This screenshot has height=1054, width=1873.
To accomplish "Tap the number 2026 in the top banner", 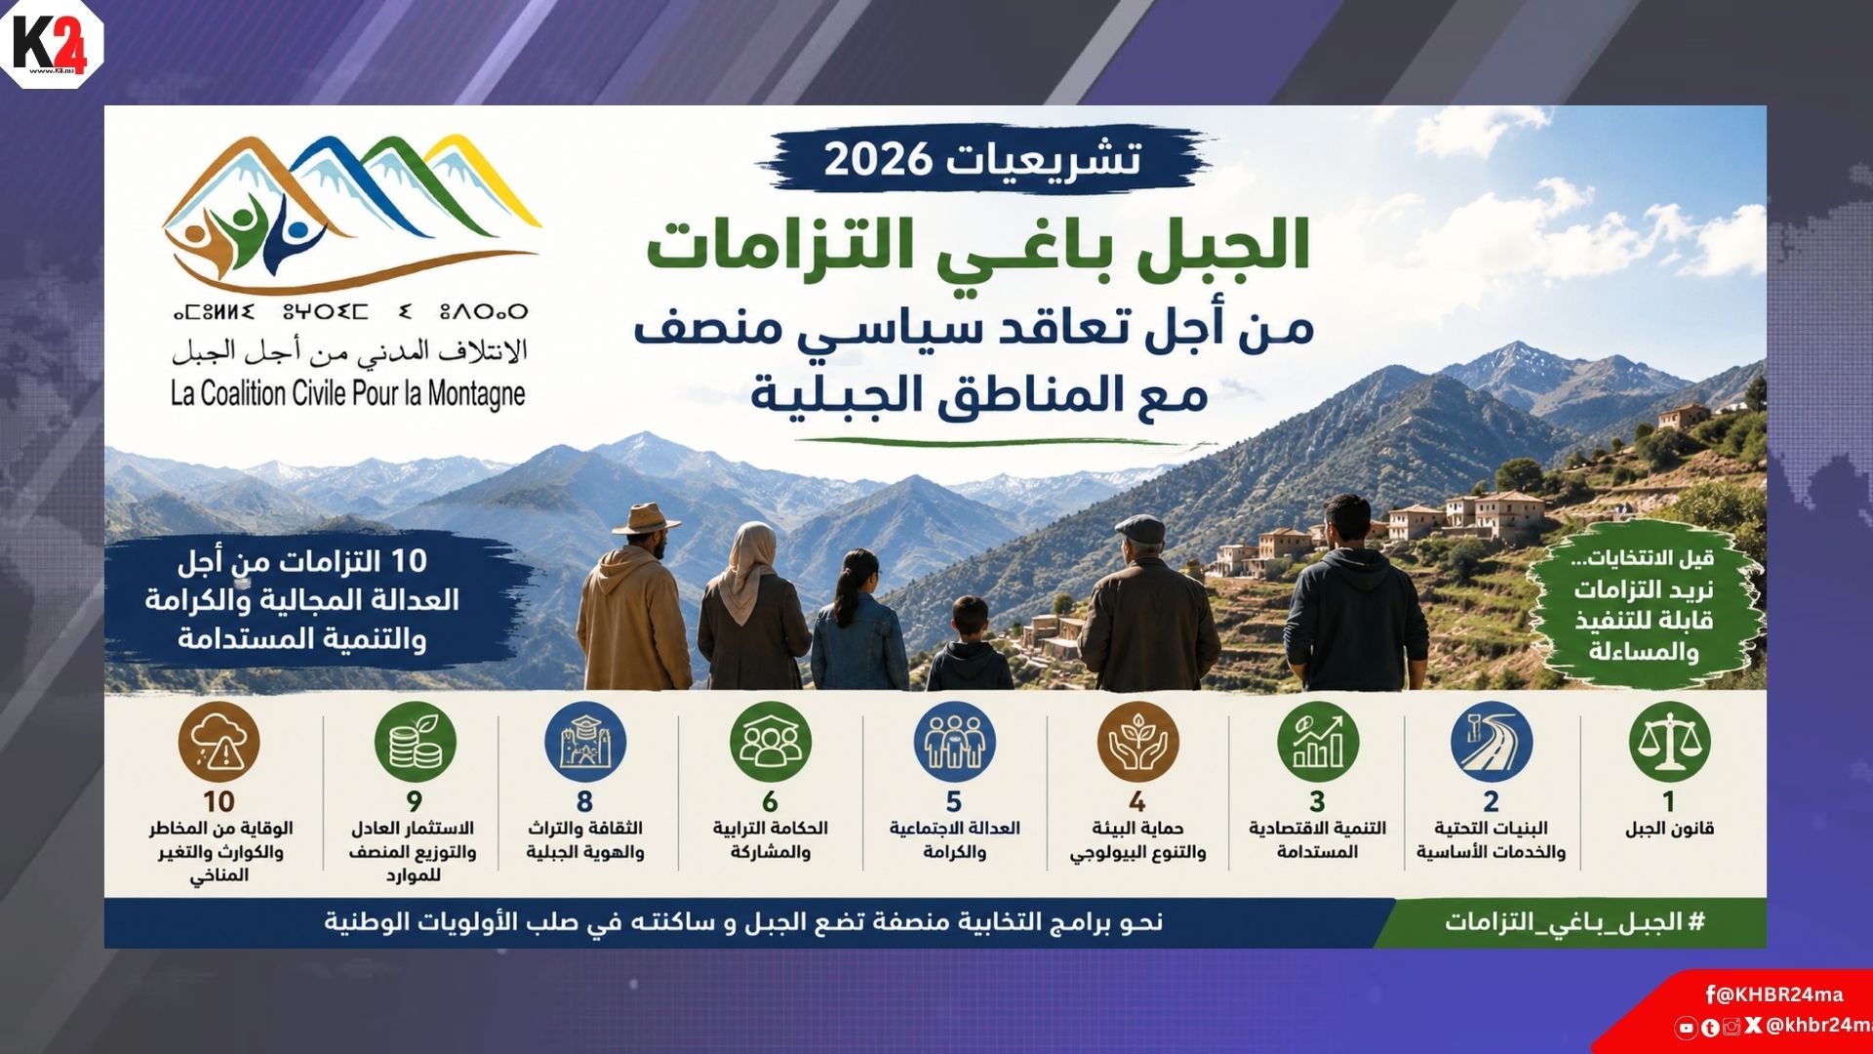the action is tap(878, 159).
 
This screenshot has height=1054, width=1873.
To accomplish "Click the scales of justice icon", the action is tap(1669, 742).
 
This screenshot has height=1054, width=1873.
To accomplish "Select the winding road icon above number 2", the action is tap(1492, 742).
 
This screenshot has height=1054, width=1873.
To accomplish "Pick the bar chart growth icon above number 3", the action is tap(1317, 742).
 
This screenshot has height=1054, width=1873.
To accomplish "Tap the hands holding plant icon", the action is tap(1137, 742).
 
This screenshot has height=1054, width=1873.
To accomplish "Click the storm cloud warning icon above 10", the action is tap(219, 742).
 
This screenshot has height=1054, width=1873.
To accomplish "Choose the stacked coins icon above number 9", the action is tap(415, 742).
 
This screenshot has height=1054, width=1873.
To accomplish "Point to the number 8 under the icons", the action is tap(584, 801).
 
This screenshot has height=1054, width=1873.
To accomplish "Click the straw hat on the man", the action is tap(645, 518).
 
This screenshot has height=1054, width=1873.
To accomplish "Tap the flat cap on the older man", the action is tap(1140, 529).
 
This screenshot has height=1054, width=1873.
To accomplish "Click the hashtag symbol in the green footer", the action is tap(1695, 921).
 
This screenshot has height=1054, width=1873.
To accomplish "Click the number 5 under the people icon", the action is tap(954, 801).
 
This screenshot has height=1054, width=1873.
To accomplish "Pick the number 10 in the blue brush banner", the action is tap(409, 561).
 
